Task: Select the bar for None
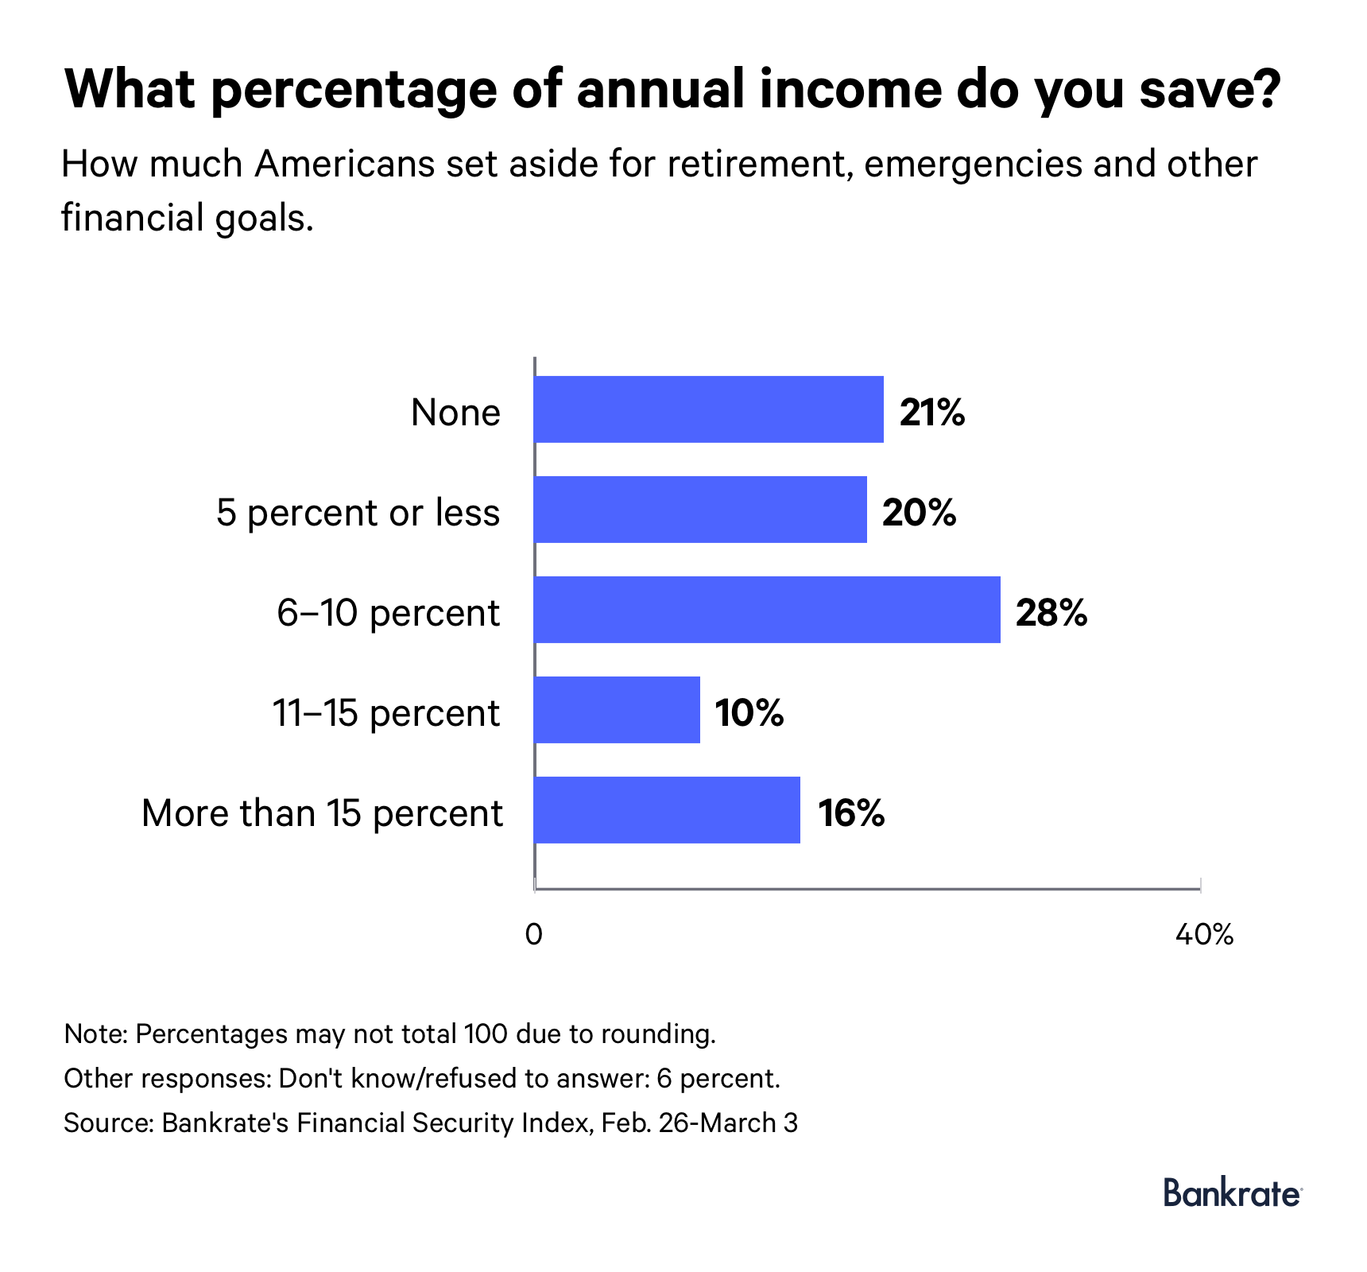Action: click(709, 409)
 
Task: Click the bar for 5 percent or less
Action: click(700, 510)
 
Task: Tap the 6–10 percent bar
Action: click(767, 610)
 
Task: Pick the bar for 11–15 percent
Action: click(618, 710)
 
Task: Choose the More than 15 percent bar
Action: click(668, 810)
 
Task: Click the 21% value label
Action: click(931, 413)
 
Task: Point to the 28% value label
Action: click(1051, 613)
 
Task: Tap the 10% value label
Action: click(749, 713)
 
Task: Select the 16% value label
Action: click(851, 813)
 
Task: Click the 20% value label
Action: click(919, 513)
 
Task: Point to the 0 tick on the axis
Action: click(534, 935)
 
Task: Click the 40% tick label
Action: click(1203, 935)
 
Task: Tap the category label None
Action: click(455, 413)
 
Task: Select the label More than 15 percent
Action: click(322, 813)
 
